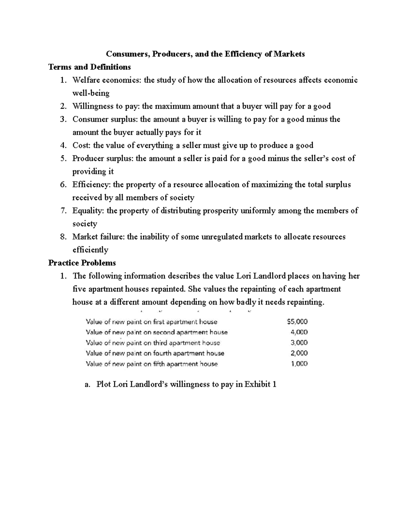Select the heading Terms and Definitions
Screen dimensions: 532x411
point(89,67)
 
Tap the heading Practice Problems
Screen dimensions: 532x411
point(82,263)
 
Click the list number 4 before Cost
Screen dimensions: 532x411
point(62,145)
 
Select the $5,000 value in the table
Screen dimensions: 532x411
point(297,322)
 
